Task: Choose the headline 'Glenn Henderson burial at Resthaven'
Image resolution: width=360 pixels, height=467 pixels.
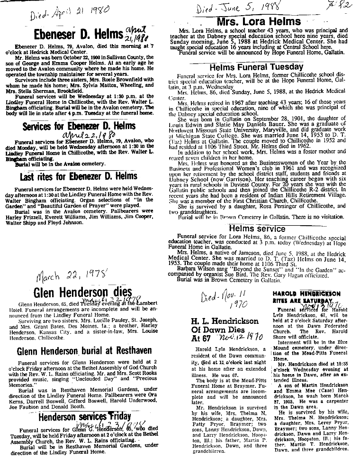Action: coord(80,351)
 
